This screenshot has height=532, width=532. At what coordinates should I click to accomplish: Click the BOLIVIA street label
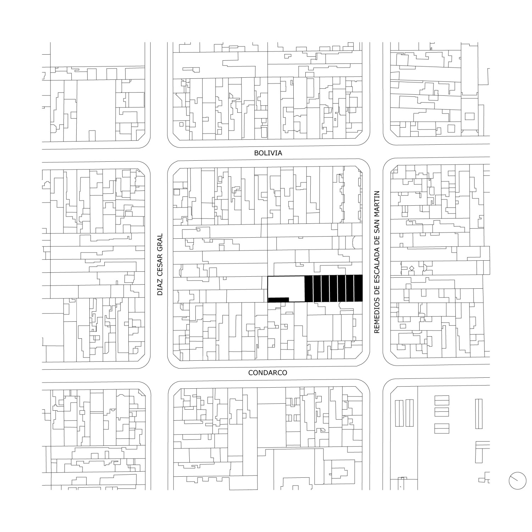point(268,153)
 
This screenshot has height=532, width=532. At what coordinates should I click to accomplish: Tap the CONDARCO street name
point(268,373)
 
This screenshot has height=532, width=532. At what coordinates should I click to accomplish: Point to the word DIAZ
point(160,288)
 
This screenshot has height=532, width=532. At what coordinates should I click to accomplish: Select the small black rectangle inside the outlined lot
point(279,300)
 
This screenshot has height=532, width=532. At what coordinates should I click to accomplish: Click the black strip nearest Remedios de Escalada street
point(359,288)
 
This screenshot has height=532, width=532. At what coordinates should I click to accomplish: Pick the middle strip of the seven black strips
point(334,288)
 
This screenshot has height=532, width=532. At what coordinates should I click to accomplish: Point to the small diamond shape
point(411,268)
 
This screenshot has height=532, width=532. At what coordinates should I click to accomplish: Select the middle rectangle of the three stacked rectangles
point(442,412)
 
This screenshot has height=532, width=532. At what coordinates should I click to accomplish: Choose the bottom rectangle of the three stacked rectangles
point(442,428)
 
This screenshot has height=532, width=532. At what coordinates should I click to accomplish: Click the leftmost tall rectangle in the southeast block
point(399,413)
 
